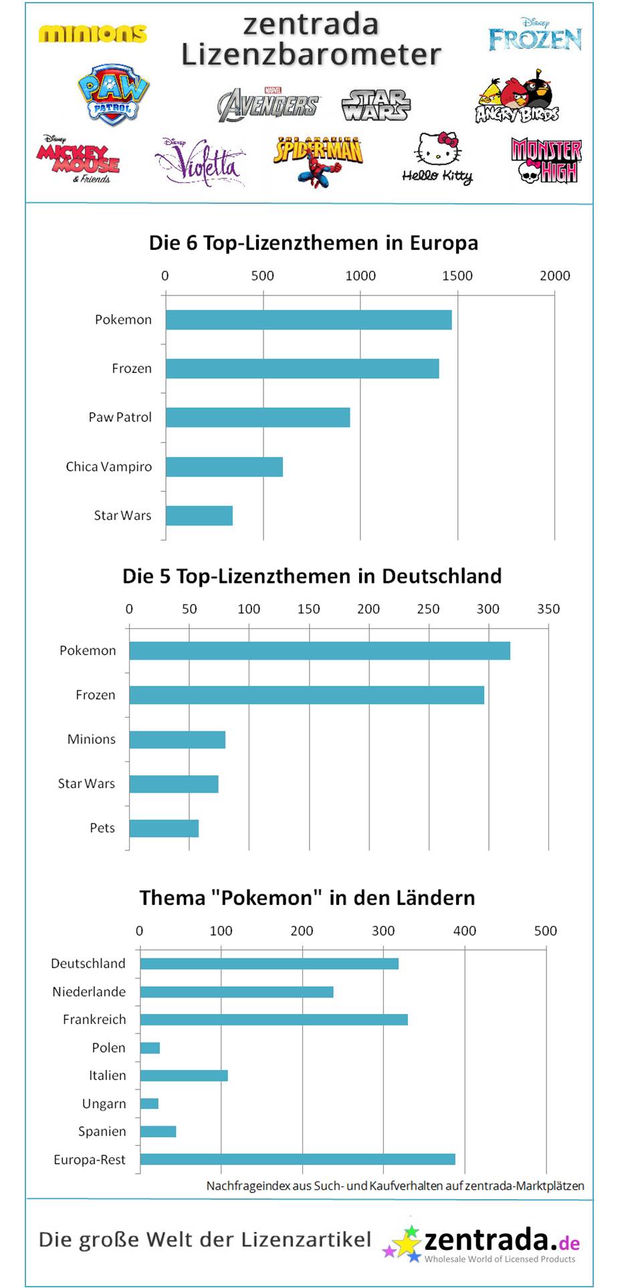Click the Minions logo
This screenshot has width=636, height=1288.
92,33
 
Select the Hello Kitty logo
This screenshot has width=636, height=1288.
438,158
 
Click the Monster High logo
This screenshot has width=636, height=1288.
546,160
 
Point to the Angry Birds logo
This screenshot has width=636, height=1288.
517,98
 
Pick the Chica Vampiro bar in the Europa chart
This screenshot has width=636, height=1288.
224,467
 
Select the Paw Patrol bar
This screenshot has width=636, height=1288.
257,417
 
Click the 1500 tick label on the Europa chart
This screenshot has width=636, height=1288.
457,275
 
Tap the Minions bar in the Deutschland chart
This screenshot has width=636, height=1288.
177,739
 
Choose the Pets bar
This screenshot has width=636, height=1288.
164,828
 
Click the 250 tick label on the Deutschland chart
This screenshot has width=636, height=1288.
428,609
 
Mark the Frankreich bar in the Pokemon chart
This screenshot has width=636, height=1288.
274,1019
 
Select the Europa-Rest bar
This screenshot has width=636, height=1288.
298,1159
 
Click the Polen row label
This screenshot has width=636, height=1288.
108,1047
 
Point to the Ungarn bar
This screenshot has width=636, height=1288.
149,1104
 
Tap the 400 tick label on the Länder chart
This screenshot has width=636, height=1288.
464,930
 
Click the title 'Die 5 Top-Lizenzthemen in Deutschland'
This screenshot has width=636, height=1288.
312,576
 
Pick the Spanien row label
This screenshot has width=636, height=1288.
102,1131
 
